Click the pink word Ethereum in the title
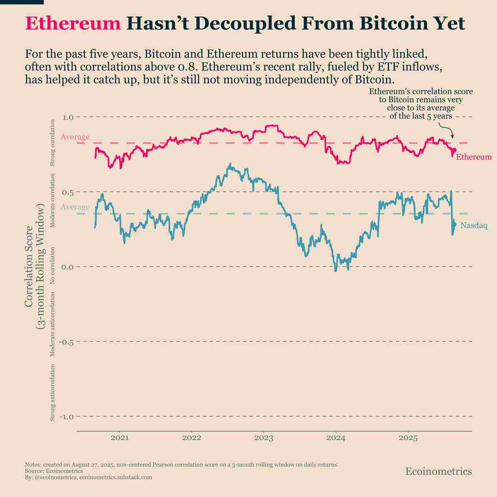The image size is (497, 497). click(x=72, y=24)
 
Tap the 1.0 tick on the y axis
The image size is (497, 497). click(x=68, y=118)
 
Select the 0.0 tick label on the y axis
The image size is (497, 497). click(x=68, y=267)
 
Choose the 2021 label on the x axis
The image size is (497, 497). click(x=120, y=437)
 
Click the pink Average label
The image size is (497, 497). click(x=75, y=137)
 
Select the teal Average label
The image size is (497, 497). click(x=75, y=207)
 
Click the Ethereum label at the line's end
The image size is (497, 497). click(x=474, y=157)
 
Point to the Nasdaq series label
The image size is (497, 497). click(x=474, y=225)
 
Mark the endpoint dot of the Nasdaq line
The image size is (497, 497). click(x=454, y=225)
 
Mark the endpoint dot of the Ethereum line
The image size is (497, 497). click(x=454, y=150)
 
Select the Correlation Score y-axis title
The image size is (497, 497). click(x=34, y=267)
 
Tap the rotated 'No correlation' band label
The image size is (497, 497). click(x=53, y=265)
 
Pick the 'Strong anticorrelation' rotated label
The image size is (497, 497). click(x=53, y=393)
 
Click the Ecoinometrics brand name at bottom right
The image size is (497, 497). click(x=438, y=471)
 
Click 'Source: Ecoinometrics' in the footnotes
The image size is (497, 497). click(x=54, y=471)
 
